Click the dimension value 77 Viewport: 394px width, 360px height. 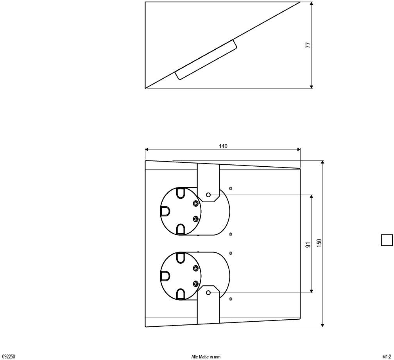point(308,45)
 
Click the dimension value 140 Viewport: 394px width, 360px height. point(223,146)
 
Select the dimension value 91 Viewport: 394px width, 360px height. point(308,244)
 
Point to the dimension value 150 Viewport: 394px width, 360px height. point(319,243)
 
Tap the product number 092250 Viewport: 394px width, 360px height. point(9,356)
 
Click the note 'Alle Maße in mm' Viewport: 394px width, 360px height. point(206,356)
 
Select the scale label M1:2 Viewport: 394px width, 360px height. point(387,356)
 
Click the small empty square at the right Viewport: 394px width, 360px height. point(387,240)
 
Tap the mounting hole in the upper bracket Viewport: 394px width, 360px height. point(208,195)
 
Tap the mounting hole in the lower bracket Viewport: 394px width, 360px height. point(208,293)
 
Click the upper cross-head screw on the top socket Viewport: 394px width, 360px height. point(196,203)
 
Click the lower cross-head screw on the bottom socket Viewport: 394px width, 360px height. point(196,284)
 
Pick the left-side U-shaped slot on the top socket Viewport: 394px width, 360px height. point(165,211)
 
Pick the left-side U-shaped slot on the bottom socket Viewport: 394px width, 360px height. point(165,276)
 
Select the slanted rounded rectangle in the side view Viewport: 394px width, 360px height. point(206,59)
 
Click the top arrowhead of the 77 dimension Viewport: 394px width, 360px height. point(311,4)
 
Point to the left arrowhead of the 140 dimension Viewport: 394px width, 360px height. point(147,150)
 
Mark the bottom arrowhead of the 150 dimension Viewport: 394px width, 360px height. point(322,325)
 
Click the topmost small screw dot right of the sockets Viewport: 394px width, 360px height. point(231,188)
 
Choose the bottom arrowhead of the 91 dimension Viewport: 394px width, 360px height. point(312,291)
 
